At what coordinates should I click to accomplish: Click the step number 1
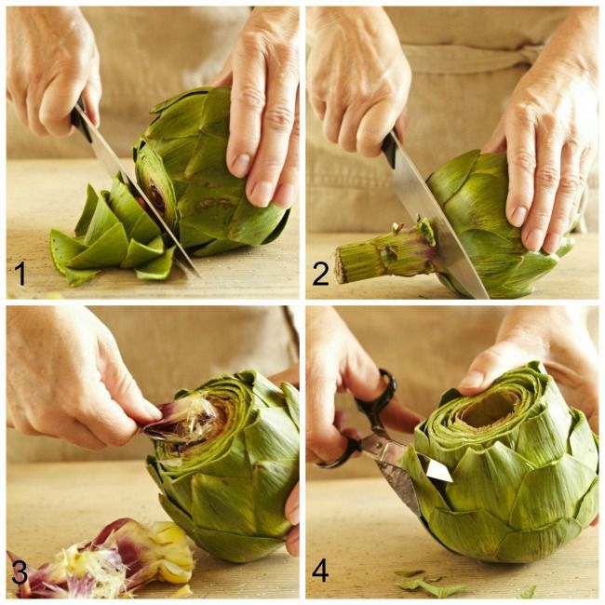[x=20, y=274]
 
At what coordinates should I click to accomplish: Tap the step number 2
[x=320, y=274]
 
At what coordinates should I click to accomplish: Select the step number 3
[x=20, y=571]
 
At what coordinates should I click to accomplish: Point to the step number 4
[x=320, y=571]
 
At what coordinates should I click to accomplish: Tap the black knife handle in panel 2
[x=391, y=150]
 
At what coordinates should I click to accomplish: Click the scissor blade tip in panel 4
[x=450, y=479]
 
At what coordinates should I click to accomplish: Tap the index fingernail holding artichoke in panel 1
[x=241, y=165]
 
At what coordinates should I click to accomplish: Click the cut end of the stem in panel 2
[x=341, y=266]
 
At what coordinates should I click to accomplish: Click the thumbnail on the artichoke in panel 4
[x=470, y=379]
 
